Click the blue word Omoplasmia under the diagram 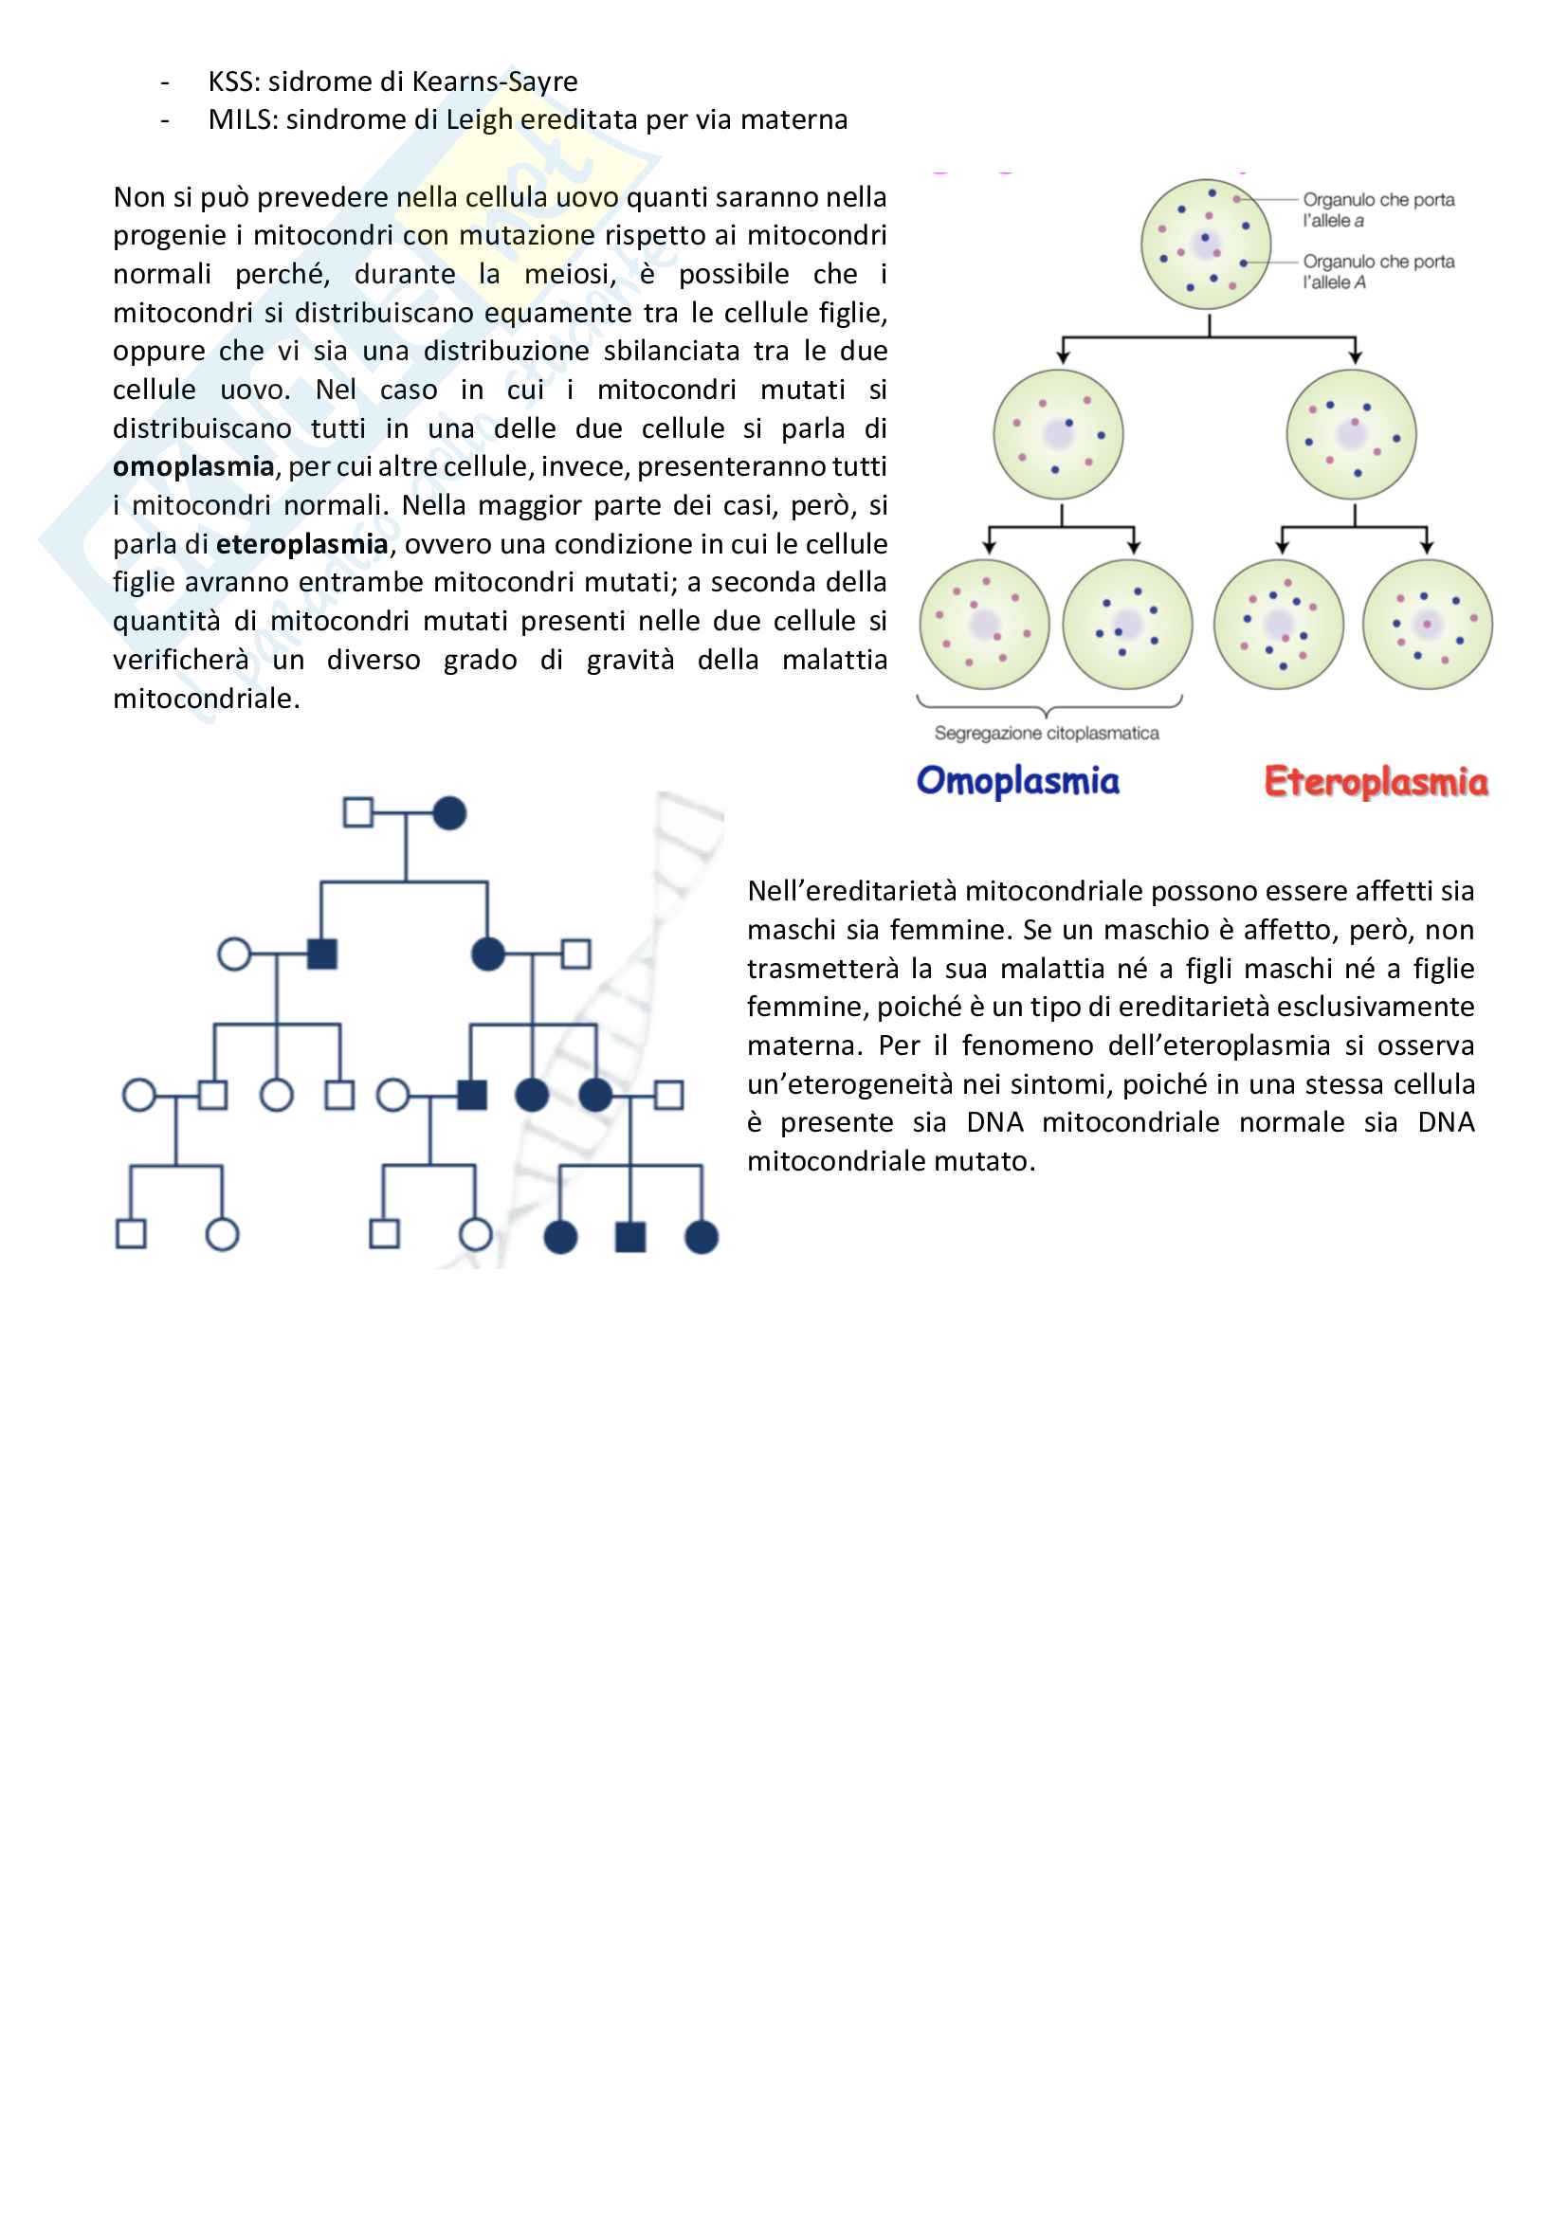click(1017, 780)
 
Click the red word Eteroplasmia click(1376, 781)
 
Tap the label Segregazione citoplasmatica click(1047, 733)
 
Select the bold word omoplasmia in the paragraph click(193, 466)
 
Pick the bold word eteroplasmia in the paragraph click(301, 544)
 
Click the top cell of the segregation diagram click(1206, 245)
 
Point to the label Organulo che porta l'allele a click(1377, 209)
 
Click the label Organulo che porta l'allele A click(1377, 271)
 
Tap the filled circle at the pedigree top click(450, 813)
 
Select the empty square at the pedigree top click(358, 813)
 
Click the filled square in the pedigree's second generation click(321, 954)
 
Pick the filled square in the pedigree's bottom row click(630, 1236)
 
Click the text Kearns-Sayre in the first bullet click(494, 82)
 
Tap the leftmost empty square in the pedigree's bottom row click(132, 1234)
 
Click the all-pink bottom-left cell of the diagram click(984, 624)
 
